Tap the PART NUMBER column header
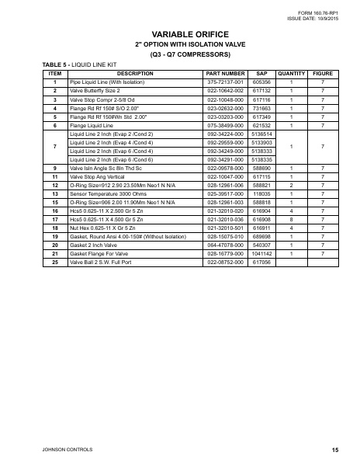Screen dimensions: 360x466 pyautogui.click(x=226, y=73)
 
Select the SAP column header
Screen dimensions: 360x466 pyautogui.click(x=261, y=73)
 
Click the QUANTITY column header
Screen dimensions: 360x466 pyautogui.click(x=292, y=73)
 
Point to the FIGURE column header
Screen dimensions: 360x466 pyautogui.click(x=323, y=73)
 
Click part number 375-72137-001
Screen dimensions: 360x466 pyautogui.click(x=226, y=82)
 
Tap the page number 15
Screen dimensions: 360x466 pyautogui.click(x=334, y=450)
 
